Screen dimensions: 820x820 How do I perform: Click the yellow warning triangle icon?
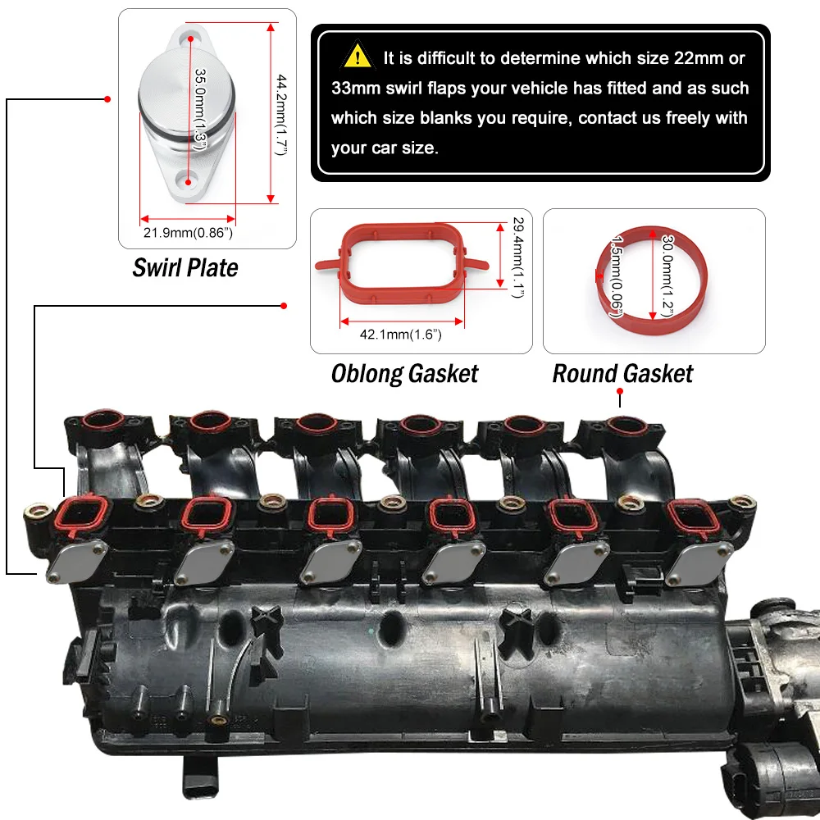tap(358, 55)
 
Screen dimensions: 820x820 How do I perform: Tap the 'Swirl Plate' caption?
tap(185, 268)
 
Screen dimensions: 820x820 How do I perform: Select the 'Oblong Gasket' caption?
tap(404, 374)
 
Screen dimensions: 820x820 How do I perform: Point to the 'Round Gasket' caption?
tap(622, 374)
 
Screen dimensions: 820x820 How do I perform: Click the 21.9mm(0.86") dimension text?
tap(188, 233)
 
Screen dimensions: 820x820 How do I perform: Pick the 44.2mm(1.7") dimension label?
tap(282, 115)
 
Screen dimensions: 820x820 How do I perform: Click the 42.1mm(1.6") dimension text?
tap(401, 335)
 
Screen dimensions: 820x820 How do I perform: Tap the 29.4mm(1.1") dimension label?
tap(517, 257)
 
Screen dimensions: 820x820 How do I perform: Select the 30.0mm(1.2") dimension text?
tap(667, 276)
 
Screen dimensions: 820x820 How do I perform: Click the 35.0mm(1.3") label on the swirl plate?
tap(200, 109)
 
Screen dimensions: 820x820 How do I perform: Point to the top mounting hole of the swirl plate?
tap(190, 39)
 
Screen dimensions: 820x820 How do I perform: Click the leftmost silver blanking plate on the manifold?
tap(76, 562)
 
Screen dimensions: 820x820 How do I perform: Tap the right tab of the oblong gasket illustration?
tap(476, 263)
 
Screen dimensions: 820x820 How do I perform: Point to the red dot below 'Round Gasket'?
tap(620, 391)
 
